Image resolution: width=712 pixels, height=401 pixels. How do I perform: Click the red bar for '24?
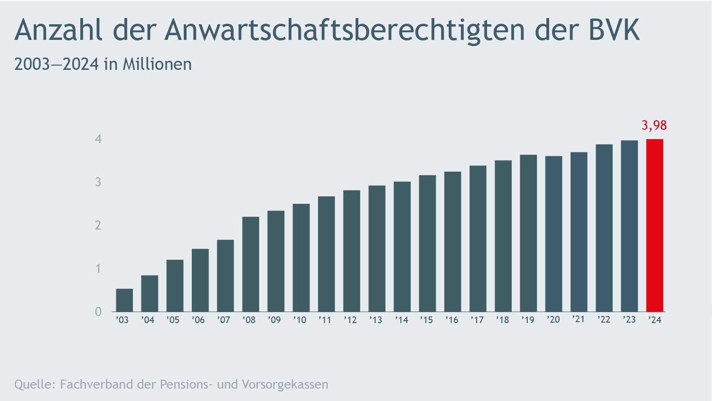[655, 225]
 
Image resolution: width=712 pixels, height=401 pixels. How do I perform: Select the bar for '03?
[124, 300]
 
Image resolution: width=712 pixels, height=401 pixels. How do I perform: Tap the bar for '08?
[251, 264]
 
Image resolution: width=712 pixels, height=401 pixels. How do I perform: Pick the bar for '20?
[553, 234]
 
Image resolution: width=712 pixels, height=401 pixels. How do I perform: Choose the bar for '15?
[427, 243]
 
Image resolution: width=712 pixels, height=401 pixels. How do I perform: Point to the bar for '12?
[352, 251]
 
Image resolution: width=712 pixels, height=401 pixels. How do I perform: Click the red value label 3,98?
[654, 125]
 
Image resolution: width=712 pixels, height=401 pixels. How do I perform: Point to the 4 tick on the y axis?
[98, 139]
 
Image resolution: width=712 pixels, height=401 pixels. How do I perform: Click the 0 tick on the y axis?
[98, 312]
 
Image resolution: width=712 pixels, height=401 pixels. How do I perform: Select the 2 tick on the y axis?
[98, 225]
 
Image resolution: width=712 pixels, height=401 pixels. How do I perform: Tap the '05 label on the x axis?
[173, 320]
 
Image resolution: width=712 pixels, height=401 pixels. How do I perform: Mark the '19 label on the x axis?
[528, 320]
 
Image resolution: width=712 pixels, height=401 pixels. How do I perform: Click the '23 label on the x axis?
[629, 320]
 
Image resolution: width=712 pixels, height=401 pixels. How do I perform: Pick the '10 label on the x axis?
[300, 320]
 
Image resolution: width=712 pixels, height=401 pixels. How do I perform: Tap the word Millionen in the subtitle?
[157, 64]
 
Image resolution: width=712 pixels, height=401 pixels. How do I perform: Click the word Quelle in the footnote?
[34, 384]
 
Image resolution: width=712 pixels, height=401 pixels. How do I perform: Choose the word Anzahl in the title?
[58, 29]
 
